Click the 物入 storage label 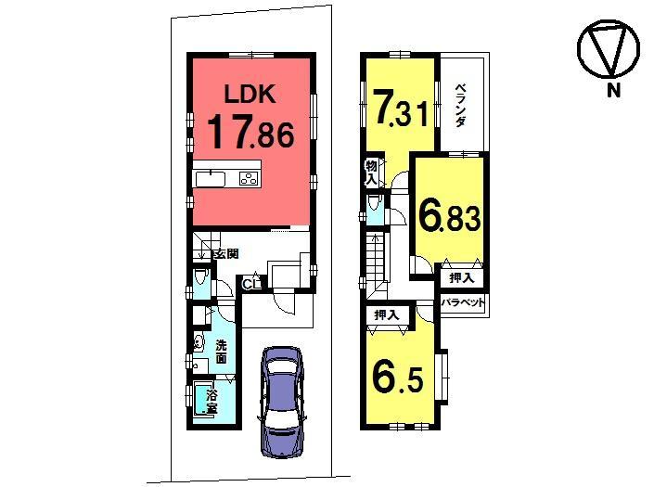pyautogui.click(x=370, y=172)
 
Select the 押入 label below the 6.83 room pyautogui.click(x=461, y=276)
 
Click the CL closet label pyautogui.click(x=249, y=284)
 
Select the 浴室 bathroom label pyautogui.click(x=212, y=402)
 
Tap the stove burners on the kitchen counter pyautogui.click(x=249, y=179)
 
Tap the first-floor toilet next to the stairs pyautogui.click(x=201, y=282)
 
